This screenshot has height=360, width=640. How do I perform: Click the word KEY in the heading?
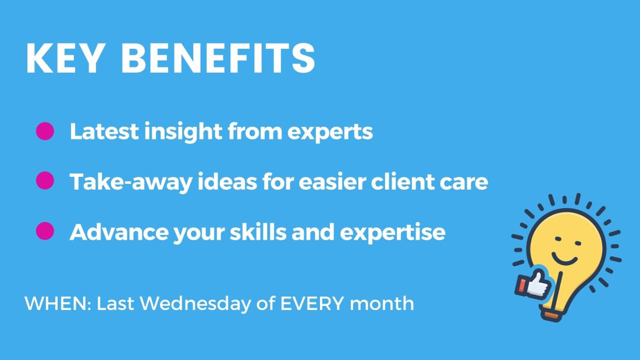(66, 58)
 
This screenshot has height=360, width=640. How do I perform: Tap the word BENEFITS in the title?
(218, 58)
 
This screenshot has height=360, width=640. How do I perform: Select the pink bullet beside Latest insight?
(45, 131)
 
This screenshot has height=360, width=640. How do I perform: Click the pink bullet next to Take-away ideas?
(45, 181)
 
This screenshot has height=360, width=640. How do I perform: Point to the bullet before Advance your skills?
(45, 231)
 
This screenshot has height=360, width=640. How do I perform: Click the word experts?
(330, 132)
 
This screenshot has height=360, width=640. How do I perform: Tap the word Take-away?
(131, 182)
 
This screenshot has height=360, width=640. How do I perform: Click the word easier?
(332, 181)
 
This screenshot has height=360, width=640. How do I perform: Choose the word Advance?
(119, 232)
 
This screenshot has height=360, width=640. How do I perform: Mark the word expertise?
(392, 233)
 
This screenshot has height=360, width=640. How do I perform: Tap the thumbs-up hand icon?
(533, 284)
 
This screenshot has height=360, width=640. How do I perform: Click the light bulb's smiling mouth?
(564, 258)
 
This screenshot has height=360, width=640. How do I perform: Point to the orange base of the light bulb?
(552, 315)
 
